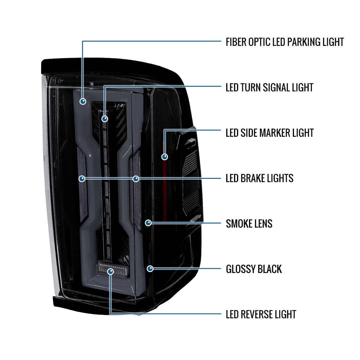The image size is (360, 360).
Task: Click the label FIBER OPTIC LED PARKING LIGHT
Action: pyautogui.click(x=285, y=42)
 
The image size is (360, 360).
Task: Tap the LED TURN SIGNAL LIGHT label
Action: pyautogui.click(x=269, y=87)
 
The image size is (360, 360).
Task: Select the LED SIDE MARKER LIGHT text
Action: pyautogui.click(x=270, y=133)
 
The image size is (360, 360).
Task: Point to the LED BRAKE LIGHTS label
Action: pyautogui.click(x=259, y=178)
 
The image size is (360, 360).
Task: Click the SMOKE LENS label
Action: pyautogui.click(x=249, y=223)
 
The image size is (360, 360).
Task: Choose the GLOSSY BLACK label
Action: pyautogui.click(x=254, y=269)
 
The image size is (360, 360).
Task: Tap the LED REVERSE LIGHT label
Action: pyautogui.click(x=261, y=314)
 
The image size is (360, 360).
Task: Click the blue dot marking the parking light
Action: pyautogui.click(x=83, y=101)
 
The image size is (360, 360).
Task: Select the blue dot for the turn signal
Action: pyautogui.click(x=105, y=118)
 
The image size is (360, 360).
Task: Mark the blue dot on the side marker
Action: pyautogui.click(x=165, y=157)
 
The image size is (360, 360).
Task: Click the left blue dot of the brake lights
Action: pyautogui.click(x=82, y=179)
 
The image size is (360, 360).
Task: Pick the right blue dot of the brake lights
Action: pyautogui.click(x=136, y=179)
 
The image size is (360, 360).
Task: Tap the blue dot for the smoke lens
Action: pyautogui.click(x=148, y=223)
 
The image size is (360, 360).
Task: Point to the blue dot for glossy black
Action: pyautogui.click(x=150, y=268)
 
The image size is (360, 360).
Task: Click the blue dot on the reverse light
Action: pyautogui.click(x=111, y=271)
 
